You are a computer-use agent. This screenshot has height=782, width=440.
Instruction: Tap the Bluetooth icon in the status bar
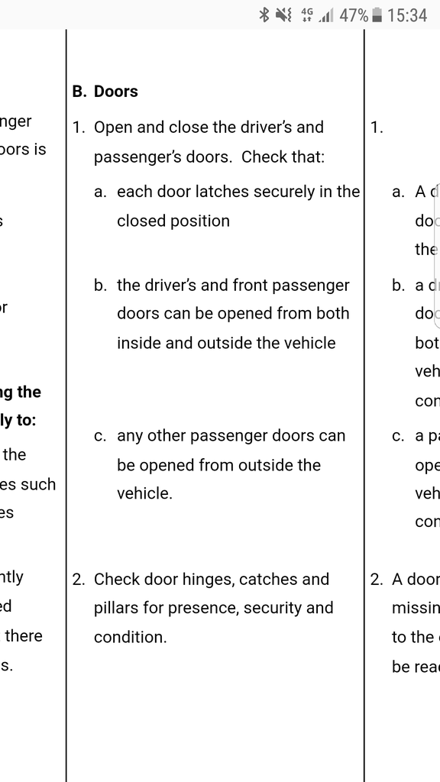(264, 15)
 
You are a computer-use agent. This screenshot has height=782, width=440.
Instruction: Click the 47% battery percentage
(354, 15)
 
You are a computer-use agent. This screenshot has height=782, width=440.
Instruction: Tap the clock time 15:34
(407, 15)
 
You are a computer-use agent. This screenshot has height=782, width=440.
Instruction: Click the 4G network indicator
(307, 15)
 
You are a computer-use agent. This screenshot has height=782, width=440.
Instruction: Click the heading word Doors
(116, 92)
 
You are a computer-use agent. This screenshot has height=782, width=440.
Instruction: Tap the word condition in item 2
(130, 637)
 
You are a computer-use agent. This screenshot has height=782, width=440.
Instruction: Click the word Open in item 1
(112, 128)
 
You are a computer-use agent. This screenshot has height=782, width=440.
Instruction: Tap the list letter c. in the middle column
(100, 436)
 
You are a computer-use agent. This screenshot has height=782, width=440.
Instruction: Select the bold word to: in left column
(24, 421)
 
